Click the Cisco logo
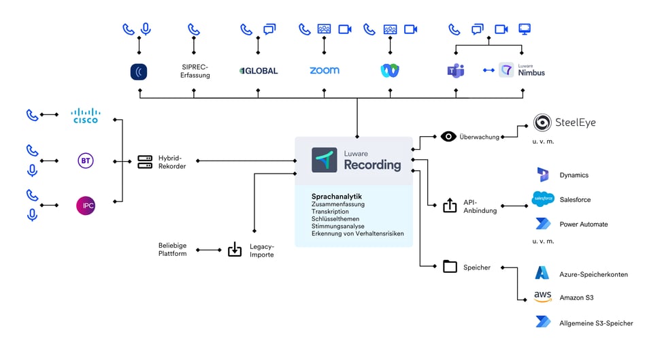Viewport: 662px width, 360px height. [x=86, y=116]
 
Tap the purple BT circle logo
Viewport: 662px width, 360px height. [x=86, y=161]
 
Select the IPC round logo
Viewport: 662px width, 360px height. [x=86, y=206]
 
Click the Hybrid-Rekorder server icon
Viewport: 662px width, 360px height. [x=145, y=161]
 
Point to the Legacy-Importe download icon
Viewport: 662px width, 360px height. [x=234, y=250]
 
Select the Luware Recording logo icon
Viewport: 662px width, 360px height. [x=325, y=160]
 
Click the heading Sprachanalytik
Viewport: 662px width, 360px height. [x=336, y=197]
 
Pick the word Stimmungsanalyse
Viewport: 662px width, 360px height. [x=338, y=226]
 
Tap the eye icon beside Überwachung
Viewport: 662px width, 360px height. [x=448, y=136]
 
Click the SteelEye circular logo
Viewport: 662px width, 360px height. [x=542, y=122]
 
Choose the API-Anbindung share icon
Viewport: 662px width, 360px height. [x=450, y=206]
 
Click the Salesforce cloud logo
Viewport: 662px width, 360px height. [x=543, y=199]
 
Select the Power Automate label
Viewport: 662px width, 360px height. [x=583, y=224]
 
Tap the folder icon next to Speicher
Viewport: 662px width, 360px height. [x=450, y=267]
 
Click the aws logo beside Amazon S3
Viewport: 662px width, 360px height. [x=542, y=297]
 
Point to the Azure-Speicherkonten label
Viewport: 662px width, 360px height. [x=593, y=274]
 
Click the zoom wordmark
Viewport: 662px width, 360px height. [x=325, y=71]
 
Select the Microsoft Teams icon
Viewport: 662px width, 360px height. [x=456, y=70]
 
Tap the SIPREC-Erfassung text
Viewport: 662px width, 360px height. [x=195, y=71]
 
